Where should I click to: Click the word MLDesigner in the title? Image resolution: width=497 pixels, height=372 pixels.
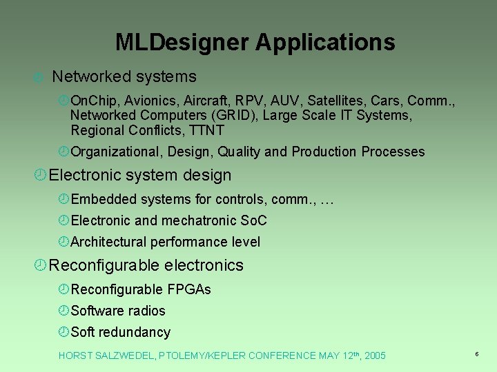[x=182, y=43]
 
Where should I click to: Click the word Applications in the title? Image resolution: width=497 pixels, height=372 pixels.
[x=325, y=43]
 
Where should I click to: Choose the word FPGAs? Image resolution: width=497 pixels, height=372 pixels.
[x=188, y=290]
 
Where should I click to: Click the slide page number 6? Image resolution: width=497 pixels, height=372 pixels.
[x=476, y=354]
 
